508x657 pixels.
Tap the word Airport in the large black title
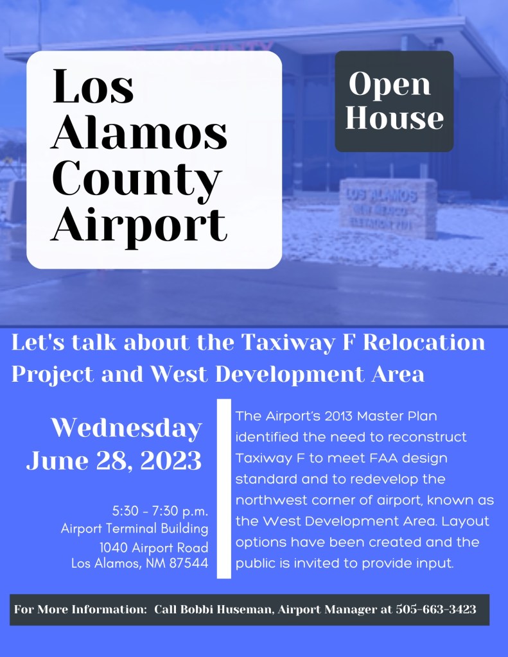139,224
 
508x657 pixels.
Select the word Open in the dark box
390,84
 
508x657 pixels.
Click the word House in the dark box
394,118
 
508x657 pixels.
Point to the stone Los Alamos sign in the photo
388,208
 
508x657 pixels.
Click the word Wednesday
127,427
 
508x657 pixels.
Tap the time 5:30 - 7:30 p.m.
160,512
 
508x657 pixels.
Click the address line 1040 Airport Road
153,547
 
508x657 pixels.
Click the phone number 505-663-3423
436,609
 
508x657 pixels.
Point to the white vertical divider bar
223,488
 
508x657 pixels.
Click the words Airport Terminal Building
134,529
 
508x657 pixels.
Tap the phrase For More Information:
80,609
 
